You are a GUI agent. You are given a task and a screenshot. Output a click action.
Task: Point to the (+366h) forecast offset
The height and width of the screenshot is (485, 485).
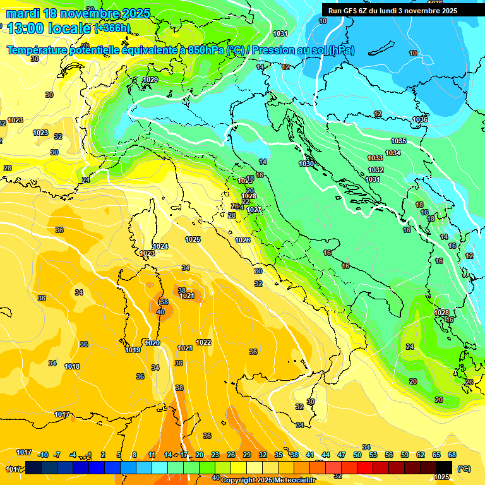112,28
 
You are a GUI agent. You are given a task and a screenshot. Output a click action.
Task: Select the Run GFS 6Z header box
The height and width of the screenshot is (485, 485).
393,10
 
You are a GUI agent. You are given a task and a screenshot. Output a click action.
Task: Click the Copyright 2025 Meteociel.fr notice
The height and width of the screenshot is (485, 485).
267,480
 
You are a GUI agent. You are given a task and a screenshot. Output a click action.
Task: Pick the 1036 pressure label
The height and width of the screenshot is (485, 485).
420,119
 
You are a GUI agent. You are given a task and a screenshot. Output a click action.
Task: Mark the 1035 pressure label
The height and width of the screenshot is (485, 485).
398,141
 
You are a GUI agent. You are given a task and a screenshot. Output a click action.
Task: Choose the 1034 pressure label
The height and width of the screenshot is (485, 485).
393,153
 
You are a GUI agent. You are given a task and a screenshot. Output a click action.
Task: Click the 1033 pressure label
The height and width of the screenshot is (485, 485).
375,158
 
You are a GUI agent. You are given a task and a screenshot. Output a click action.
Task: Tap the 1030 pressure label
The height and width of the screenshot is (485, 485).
306,164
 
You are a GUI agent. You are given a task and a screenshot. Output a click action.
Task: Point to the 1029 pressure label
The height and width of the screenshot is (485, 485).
150,80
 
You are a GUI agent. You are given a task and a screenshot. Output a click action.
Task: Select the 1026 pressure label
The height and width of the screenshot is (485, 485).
242,240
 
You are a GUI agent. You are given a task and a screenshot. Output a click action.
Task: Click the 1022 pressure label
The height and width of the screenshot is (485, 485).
203,342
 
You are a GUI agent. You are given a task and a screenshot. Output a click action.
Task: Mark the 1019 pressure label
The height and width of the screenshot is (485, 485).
133,350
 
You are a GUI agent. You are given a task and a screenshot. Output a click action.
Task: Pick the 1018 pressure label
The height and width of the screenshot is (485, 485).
72,366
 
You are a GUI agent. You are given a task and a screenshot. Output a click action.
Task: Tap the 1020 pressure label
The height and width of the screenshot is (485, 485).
152,343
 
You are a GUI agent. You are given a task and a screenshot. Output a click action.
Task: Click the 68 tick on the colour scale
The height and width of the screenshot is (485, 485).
452,455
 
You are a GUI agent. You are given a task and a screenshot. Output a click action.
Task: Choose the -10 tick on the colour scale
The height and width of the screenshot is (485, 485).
43,455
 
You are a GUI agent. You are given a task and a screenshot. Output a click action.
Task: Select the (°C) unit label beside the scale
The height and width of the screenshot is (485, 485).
464,469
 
